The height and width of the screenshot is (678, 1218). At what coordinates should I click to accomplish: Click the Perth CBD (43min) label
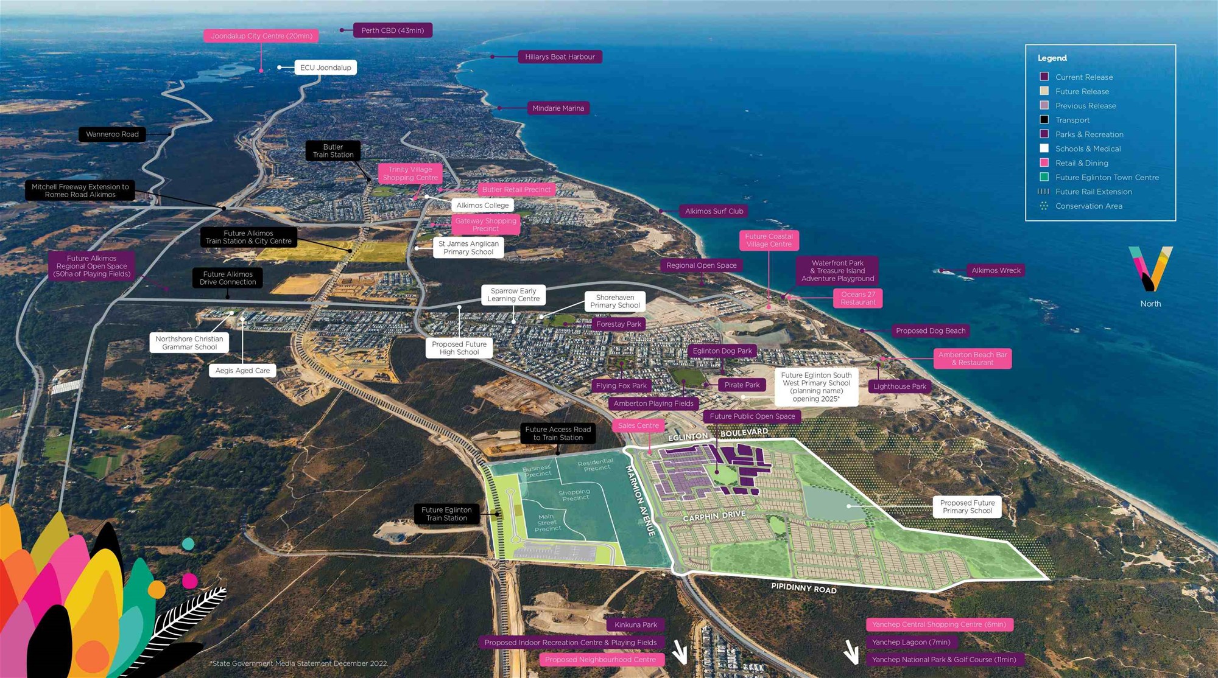392,30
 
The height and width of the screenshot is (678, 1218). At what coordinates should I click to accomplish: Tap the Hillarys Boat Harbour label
560,57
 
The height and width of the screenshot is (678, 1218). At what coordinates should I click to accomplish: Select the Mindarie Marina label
558,108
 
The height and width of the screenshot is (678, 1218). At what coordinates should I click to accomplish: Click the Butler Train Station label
333,151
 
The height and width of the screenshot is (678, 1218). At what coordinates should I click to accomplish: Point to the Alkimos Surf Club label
714,211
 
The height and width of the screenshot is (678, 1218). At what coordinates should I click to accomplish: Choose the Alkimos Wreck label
996,270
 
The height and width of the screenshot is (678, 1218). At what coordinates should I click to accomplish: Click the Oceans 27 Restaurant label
857,298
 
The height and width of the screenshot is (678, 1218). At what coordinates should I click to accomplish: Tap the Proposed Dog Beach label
930,331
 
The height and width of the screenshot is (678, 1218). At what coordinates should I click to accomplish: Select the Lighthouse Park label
899,386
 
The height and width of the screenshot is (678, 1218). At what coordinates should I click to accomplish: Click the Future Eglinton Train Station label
446,514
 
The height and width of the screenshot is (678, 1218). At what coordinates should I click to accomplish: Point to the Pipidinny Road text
804,588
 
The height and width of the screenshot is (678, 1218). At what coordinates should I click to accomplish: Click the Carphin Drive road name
714,516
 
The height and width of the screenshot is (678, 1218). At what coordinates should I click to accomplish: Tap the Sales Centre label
638,425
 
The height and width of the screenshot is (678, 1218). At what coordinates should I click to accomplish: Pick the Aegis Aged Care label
242,370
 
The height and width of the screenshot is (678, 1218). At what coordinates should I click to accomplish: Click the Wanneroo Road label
112,135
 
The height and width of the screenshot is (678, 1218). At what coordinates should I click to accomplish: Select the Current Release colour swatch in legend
1044,77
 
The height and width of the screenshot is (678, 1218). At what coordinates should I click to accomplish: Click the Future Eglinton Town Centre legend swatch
1044,177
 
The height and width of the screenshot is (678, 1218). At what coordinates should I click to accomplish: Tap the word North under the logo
1150,304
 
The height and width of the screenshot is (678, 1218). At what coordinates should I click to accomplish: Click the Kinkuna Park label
635,624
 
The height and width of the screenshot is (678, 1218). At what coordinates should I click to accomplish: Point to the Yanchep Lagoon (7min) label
911,642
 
